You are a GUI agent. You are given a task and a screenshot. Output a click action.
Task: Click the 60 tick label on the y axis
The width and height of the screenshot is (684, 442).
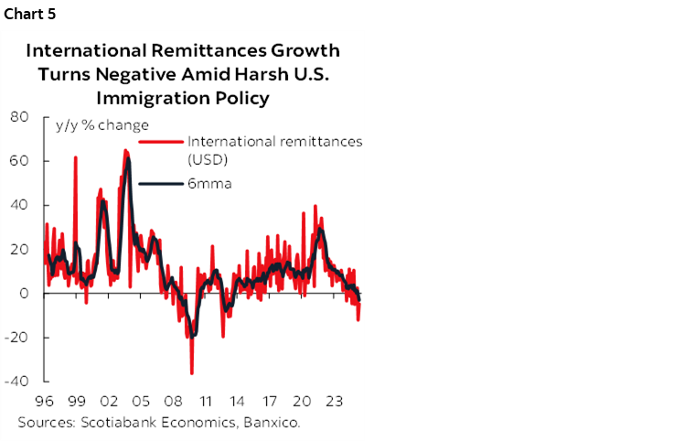point(18,160)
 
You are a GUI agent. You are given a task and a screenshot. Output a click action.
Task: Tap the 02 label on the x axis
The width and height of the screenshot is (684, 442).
point(108,401)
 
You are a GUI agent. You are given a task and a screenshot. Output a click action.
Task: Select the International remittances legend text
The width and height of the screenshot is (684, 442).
point(274,142)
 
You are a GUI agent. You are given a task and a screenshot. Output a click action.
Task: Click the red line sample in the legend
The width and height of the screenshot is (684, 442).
point(161,142)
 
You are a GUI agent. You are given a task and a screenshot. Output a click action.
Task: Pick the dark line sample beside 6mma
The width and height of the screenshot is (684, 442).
point(161,183)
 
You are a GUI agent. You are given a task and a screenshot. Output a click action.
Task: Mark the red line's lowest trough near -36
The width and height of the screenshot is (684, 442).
point(191,372)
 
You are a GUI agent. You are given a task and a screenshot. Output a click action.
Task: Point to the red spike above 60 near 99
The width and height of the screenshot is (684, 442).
point(75,157)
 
